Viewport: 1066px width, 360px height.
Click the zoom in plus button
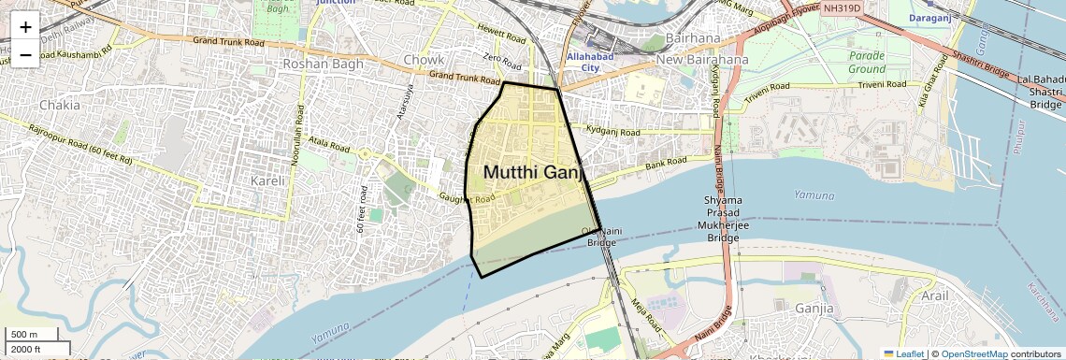[x=25, y=27]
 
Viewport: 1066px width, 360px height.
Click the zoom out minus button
[x=25, y=55]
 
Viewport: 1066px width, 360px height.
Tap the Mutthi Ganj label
[x=534, y=172]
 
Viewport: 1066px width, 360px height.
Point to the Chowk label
[x=424, y=61]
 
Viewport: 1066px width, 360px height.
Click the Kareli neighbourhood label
[x=272, y=179]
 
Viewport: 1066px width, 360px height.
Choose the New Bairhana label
[x=702, y=60]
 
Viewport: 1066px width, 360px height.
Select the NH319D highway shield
[x=842, y=8]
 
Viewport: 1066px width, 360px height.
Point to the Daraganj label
[x=937, y=18]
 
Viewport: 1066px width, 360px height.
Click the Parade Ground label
[x=867, y=63]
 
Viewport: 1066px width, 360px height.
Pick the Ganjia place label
[x=814, y=308]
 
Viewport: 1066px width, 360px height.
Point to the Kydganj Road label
[x=612, y=130]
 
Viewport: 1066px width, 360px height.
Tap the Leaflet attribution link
[x=906, y=354]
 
